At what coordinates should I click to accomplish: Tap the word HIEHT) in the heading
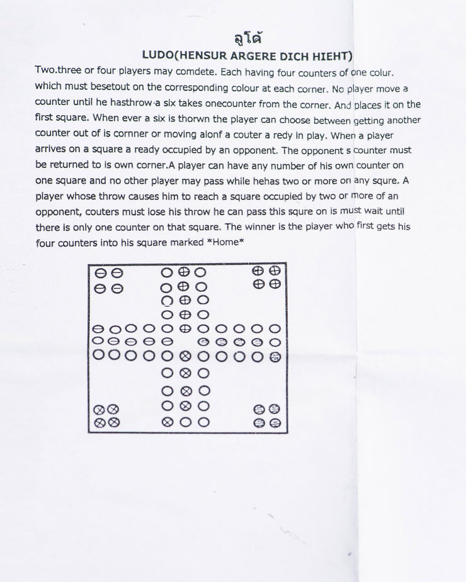click(329, 56)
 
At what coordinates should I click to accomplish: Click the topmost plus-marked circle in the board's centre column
click(184, 272)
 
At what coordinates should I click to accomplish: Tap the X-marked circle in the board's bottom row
click(167, 422)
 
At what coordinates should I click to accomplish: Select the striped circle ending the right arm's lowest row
click(275, 357)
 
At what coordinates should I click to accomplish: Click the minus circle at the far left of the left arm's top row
click(98, 329)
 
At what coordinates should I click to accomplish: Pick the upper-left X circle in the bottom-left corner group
click(99, 410)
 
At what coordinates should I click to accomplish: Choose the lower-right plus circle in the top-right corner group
click(275, 284)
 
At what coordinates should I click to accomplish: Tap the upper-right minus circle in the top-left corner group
click(116, 273)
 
